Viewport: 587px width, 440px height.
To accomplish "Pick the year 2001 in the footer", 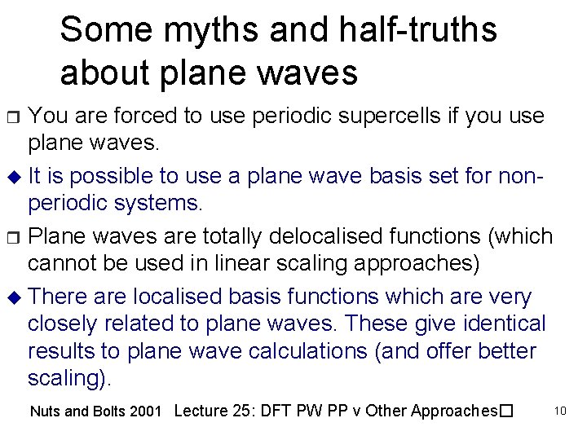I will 146,411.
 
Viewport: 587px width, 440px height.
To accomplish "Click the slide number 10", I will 561,411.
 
